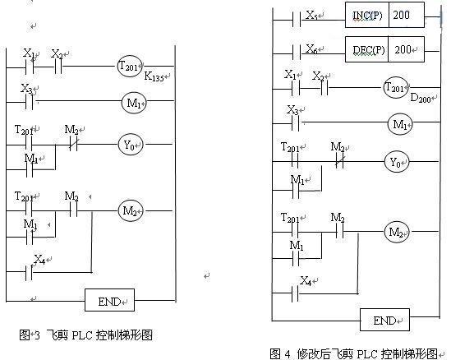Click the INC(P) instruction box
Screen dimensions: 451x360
[x=384, y=15]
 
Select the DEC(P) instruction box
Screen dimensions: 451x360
[x=384, y=49]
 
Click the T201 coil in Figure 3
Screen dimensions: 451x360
[x=130, y=67]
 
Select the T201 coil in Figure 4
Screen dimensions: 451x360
[x=396, y=87]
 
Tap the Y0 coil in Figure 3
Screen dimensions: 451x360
[x=131, y=145]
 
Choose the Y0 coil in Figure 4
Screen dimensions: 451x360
[x=397, y=162]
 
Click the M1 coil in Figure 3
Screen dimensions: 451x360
[x=134, y=103]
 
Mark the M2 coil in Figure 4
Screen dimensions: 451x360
[x=397, y=232]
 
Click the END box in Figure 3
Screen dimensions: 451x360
[x=109, y=300]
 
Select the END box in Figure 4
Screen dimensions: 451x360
[x=384, y=320]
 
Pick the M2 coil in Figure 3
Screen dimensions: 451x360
[x=131, y=211]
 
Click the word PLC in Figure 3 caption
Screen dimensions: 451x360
[x=82, y=335]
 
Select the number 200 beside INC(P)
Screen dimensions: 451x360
[x=401, y=15]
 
